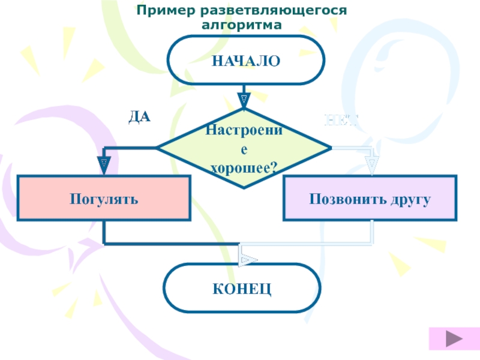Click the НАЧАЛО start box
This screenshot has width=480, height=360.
[x=245, y=61]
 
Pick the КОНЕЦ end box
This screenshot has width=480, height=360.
[x=242, y=289]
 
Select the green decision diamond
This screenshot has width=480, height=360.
[x=243, y=148]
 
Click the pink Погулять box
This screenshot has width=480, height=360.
[x=104, y=199]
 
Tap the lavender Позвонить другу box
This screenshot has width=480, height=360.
[x=370, y=199]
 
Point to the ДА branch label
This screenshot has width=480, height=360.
[x=139, y=117]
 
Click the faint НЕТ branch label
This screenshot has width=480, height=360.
[x=341, y=119]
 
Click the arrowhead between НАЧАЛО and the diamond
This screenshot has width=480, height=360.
[x=244, y=100]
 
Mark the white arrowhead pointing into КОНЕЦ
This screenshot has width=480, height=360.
[x=248, y=260]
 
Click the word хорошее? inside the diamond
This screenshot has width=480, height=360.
[x=244, y=167]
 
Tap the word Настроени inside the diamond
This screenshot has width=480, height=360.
[x=244, y=130]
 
